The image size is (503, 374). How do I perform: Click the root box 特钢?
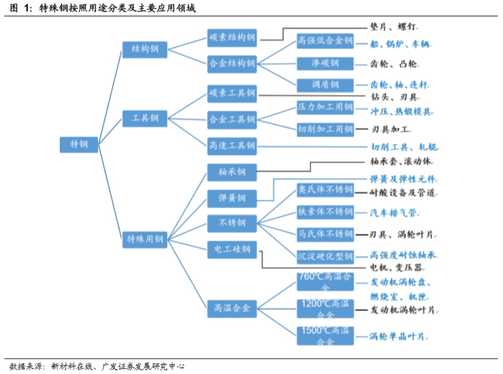click(79, 144)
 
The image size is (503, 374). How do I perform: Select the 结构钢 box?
click(144, 49)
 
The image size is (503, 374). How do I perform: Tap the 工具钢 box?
click(144, 118)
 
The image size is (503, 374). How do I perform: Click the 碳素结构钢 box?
click(232, 37)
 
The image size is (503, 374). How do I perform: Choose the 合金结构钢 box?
click(232, 63)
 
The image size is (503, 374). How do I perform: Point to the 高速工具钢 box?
click(232, 146)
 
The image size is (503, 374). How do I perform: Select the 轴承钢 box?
click(232, 172)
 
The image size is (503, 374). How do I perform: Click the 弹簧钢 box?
click(232, 198)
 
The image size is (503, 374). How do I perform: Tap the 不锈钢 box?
click(232, 222)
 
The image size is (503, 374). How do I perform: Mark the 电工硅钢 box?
click(232, 249)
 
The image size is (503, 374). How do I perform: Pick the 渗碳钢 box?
click(325, 63)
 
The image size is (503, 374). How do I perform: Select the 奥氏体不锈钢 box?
click(325, 189)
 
